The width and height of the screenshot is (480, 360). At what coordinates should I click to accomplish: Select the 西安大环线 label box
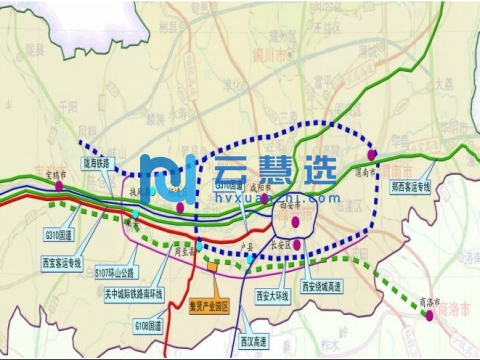coord(273,296)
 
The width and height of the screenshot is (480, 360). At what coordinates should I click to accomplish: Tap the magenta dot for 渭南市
coord(371,155)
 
